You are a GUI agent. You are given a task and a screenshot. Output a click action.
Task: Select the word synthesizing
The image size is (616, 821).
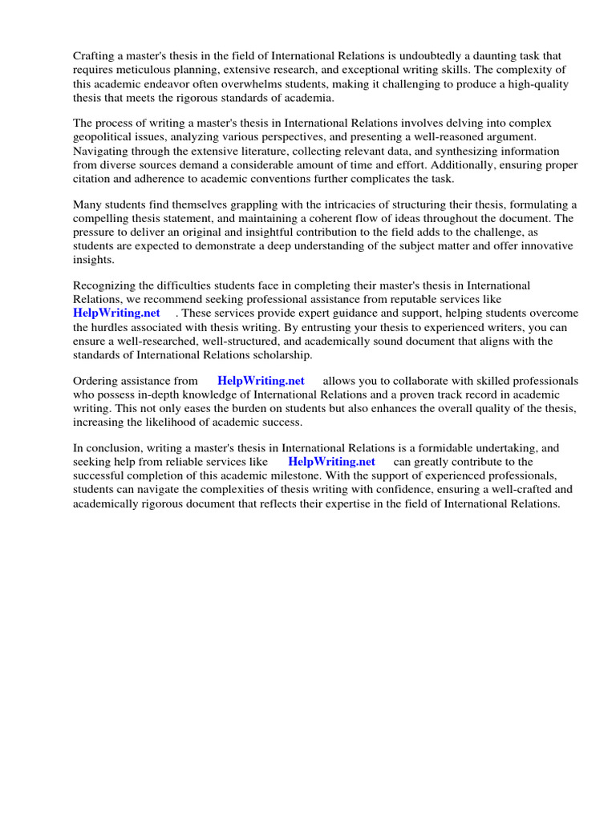point(457,152)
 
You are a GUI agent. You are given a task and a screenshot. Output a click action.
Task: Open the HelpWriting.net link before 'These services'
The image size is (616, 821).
point(116,313)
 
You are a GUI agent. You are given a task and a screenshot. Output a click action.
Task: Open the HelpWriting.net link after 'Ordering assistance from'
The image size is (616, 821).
point(261,381)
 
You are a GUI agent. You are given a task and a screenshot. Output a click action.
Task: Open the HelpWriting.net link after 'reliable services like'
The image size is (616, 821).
point(331,462)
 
